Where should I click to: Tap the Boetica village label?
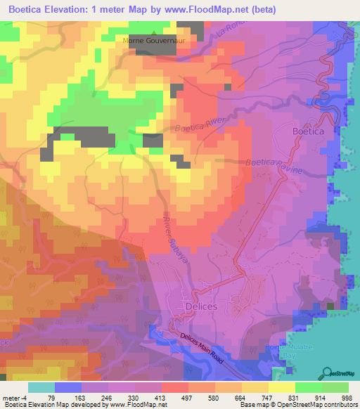click(x=307, y=131)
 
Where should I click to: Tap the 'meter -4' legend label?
click(x=15, y=397)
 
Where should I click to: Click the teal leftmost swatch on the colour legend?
click(x=41, y=387)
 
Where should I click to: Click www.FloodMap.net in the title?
click(x=214, y=10)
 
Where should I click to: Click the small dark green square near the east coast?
click(x=330, y=306)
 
